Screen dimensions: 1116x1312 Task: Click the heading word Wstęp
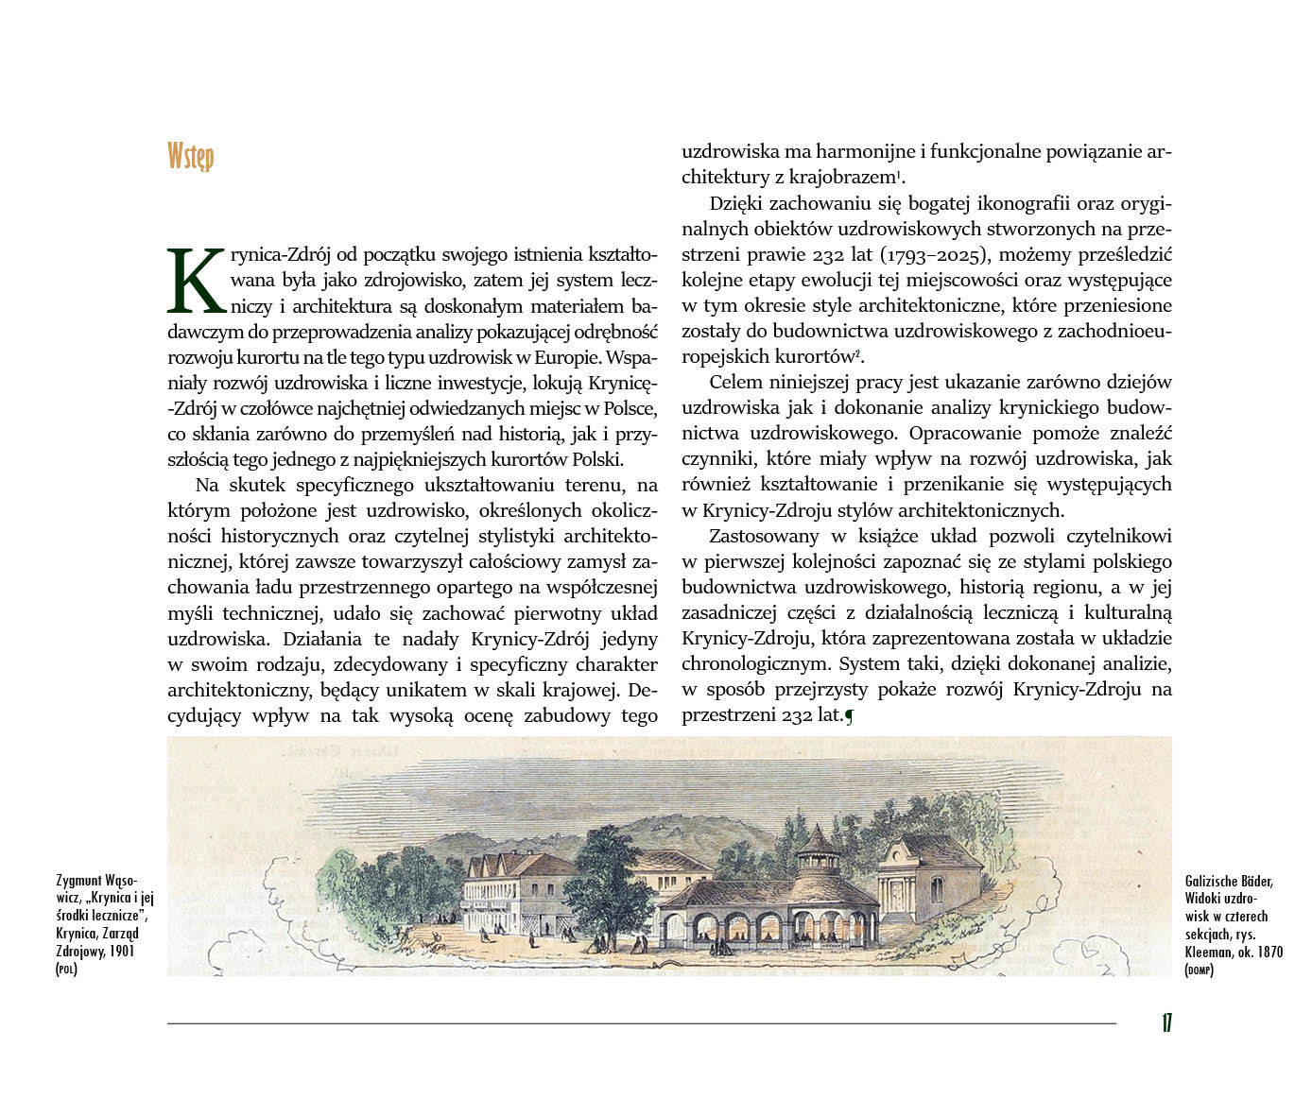pyautogui.click(x=190, y=156)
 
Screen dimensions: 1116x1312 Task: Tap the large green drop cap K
pyautogui.click(x=197, y=282)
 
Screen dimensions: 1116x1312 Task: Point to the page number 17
pyautogui.click(x=1166, y=1023)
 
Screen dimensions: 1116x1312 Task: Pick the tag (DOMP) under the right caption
pyautogui.click(x=1199, y=970)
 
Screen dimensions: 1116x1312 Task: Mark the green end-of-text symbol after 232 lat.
pyautogui.click(x=849, y=716)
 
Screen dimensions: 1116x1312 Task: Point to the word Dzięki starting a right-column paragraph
pyautogui.click(x=738, y=204)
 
